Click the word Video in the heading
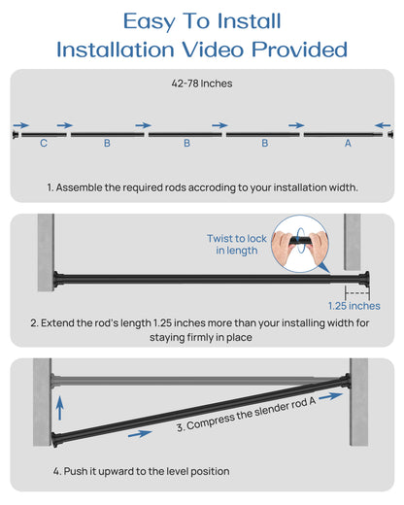(214, 50)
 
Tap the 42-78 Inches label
(202, 84)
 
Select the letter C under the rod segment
(44, 143)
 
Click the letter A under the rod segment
(348, 143)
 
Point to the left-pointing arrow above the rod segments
(383, 125)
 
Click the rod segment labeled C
(44, 135)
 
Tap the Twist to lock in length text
(237, 245)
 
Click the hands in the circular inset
(299, 246)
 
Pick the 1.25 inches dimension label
(354, 306)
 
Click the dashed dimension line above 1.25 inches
(357, 293)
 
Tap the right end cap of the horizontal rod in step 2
(365, 279)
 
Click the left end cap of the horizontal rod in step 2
(57, 279)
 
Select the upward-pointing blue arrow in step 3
(59, 408)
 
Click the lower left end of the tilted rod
(55, 440)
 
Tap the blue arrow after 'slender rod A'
(330, 396)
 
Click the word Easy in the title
(150, 21)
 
